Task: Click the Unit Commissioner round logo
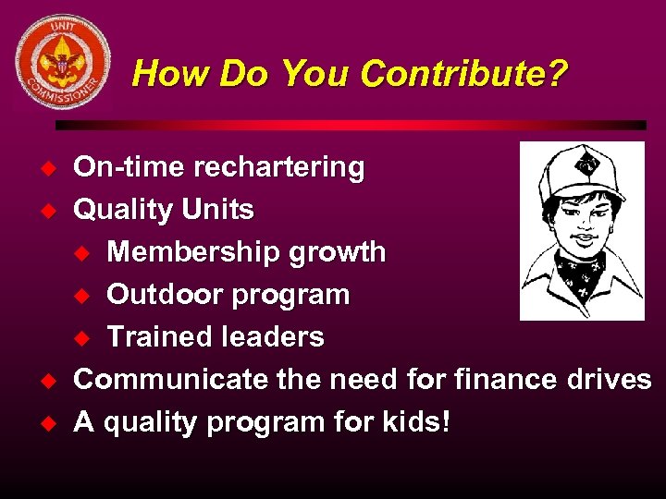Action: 63,62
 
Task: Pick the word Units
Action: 217,210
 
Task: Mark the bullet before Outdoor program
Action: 85,296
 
